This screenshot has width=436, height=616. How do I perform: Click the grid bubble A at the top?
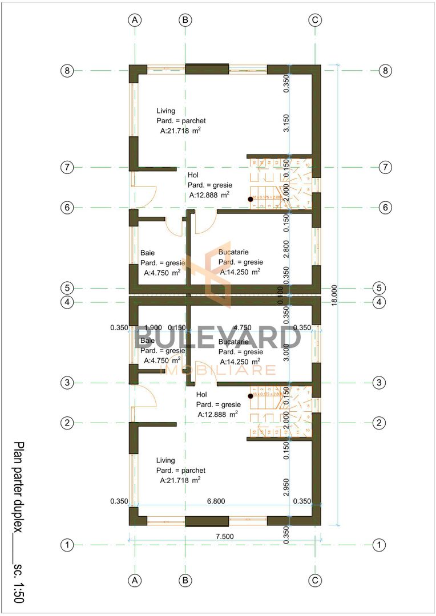[x=135, y=19]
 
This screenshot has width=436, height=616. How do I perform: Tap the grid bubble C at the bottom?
[x=315, y=580]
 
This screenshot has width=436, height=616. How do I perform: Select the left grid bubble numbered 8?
[x=67, y=71]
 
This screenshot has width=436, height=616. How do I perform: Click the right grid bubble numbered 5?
[x=379, y=287]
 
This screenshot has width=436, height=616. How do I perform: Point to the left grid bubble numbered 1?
[x=67, y=545]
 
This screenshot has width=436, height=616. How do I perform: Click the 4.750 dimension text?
[x=243, y=327]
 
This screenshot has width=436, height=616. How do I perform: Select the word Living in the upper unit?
[x=165, y=111]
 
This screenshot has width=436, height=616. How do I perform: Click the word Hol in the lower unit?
[x=201, y=394]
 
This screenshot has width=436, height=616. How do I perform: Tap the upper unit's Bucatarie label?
[x=233, y=252]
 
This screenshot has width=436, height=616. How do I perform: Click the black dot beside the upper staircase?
[x=250, y=199]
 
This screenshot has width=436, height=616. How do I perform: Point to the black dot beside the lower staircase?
[x=250, y=396]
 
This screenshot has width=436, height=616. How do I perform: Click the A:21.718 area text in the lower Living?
[x=180, y=481]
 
